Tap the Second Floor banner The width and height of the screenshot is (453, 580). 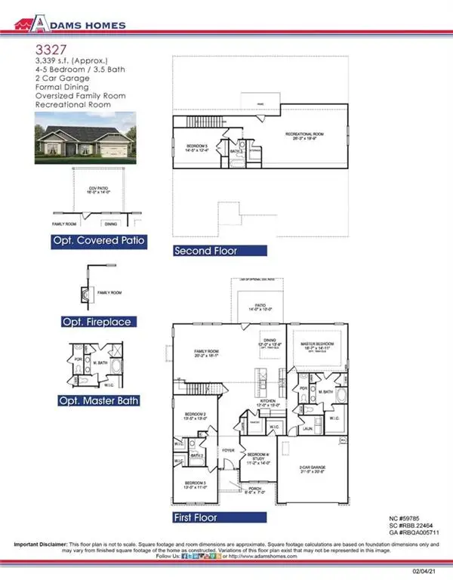[x=220, y=251]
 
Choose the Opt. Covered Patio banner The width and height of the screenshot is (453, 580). [x=97, y=242]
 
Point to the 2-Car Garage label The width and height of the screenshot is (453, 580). [x=311, y=470]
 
